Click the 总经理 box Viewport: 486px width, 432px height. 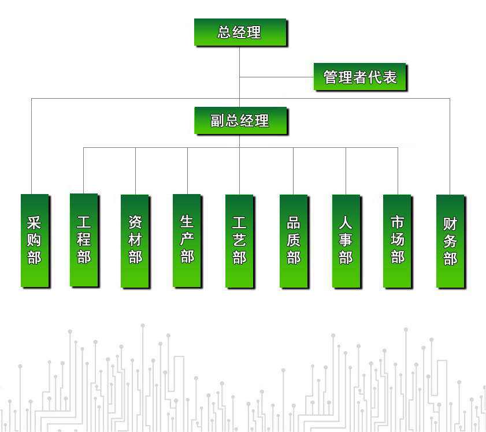click(240, 32)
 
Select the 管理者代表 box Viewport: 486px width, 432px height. click(359, 77)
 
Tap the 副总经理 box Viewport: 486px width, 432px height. click(240, 121)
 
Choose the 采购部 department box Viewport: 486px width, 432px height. click(35, 240)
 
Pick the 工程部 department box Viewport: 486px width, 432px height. click(84, 240)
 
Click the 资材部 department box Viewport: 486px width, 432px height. click(135, 240)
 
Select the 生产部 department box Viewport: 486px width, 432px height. click(187, 240)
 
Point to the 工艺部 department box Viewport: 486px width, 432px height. click(239, 240)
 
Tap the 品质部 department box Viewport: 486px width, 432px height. click(294, 240)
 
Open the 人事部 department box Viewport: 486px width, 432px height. click(346, 240)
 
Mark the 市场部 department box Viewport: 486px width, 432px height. click(397, 240)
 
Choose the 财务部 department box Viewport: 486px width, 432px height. click(450, 240)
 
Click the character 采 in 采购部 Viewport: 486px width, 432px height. click(35, 223)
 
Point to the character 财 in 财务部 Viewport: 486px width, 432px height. click(450, 224)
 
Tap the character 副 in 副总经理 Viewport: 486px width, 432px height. click(217, 121)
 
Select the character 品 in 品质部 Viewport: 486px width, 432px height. click(294, 223)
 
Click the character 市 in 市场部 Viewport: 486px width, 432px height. click(398, 223)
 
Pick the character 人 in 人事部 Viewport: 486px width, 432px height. click(346, 223)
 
